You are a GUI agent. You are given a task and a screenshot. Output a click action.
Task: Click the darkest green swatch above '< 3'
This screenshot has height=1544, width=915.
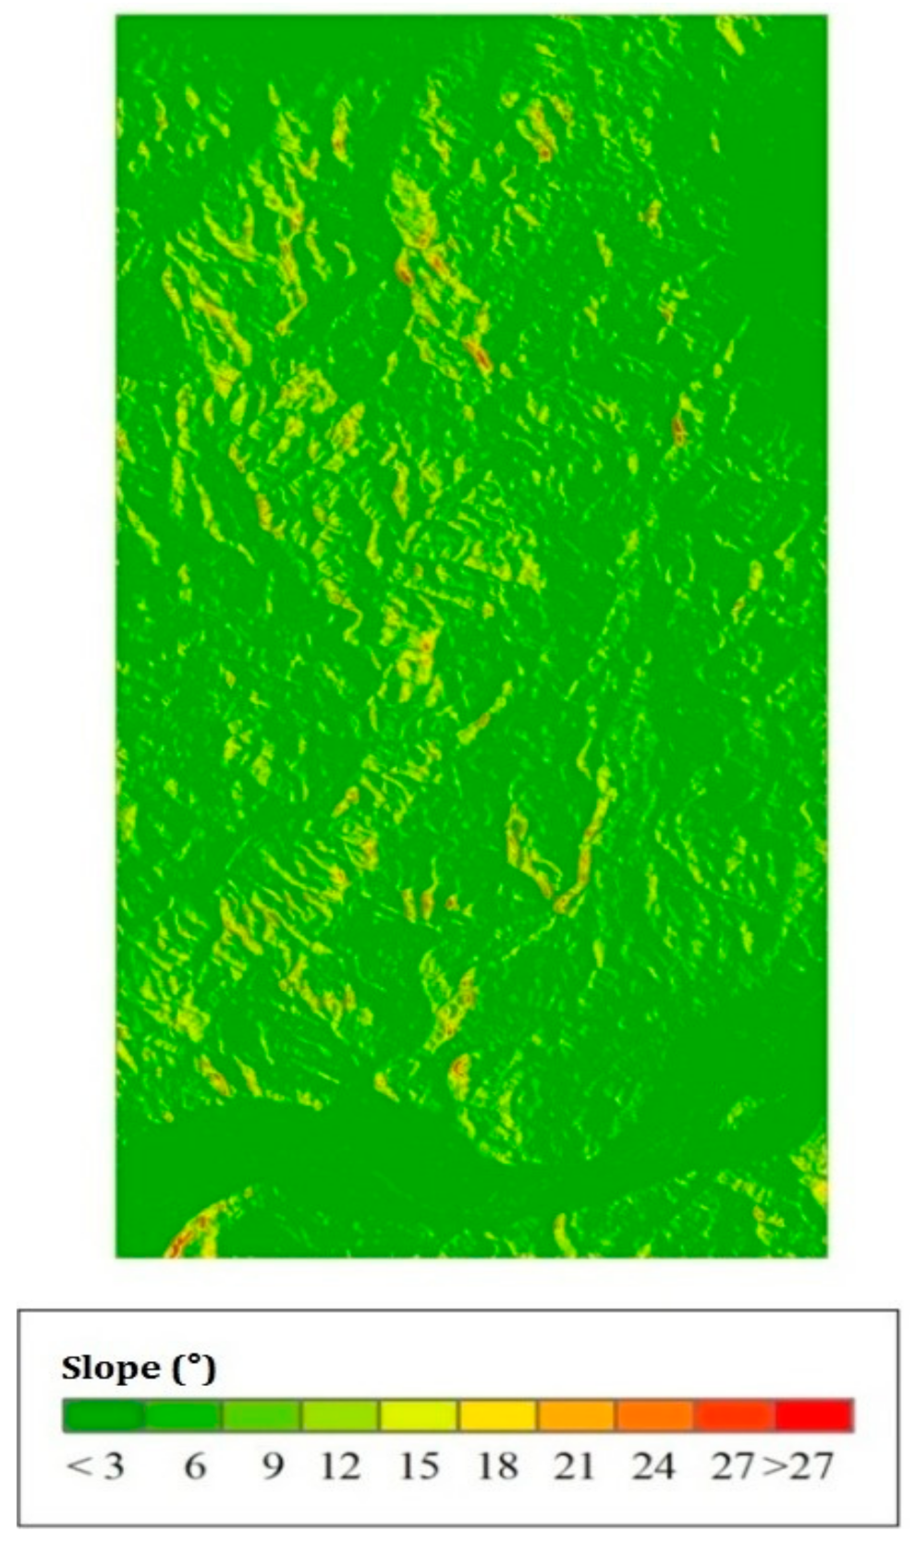[103, 1416]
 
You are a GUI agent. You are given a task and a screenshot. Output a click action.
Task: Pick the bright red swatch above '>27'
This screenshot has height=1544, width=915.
[813, 1416]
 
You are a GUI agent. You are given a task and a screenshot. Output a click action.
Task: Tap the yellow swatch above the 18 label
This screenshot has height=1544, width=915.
[497, 1416]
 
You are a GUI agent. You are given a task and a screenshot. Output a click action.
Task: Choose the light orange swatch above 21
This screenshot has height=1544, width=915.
[576, 1416]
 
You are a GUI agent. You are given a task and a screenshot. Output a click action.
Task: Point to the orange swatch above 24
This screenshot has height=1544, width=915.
[655, 1416]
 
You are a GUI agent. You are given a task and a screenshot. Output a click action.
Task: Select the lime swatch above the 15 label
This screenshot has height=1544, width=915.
[418, 1416]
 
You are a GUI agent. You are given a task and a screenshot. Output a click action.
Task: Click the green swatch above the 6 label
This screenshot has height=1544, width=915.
[182, 1416]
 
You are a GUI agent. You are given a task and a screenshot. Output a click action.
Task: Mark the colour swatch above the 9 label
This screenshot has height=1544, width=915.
[261, 1416]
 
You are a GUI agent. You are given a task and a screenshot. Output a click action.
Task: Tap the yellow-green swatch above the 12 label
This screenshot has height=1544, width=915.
[339, 1416]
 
